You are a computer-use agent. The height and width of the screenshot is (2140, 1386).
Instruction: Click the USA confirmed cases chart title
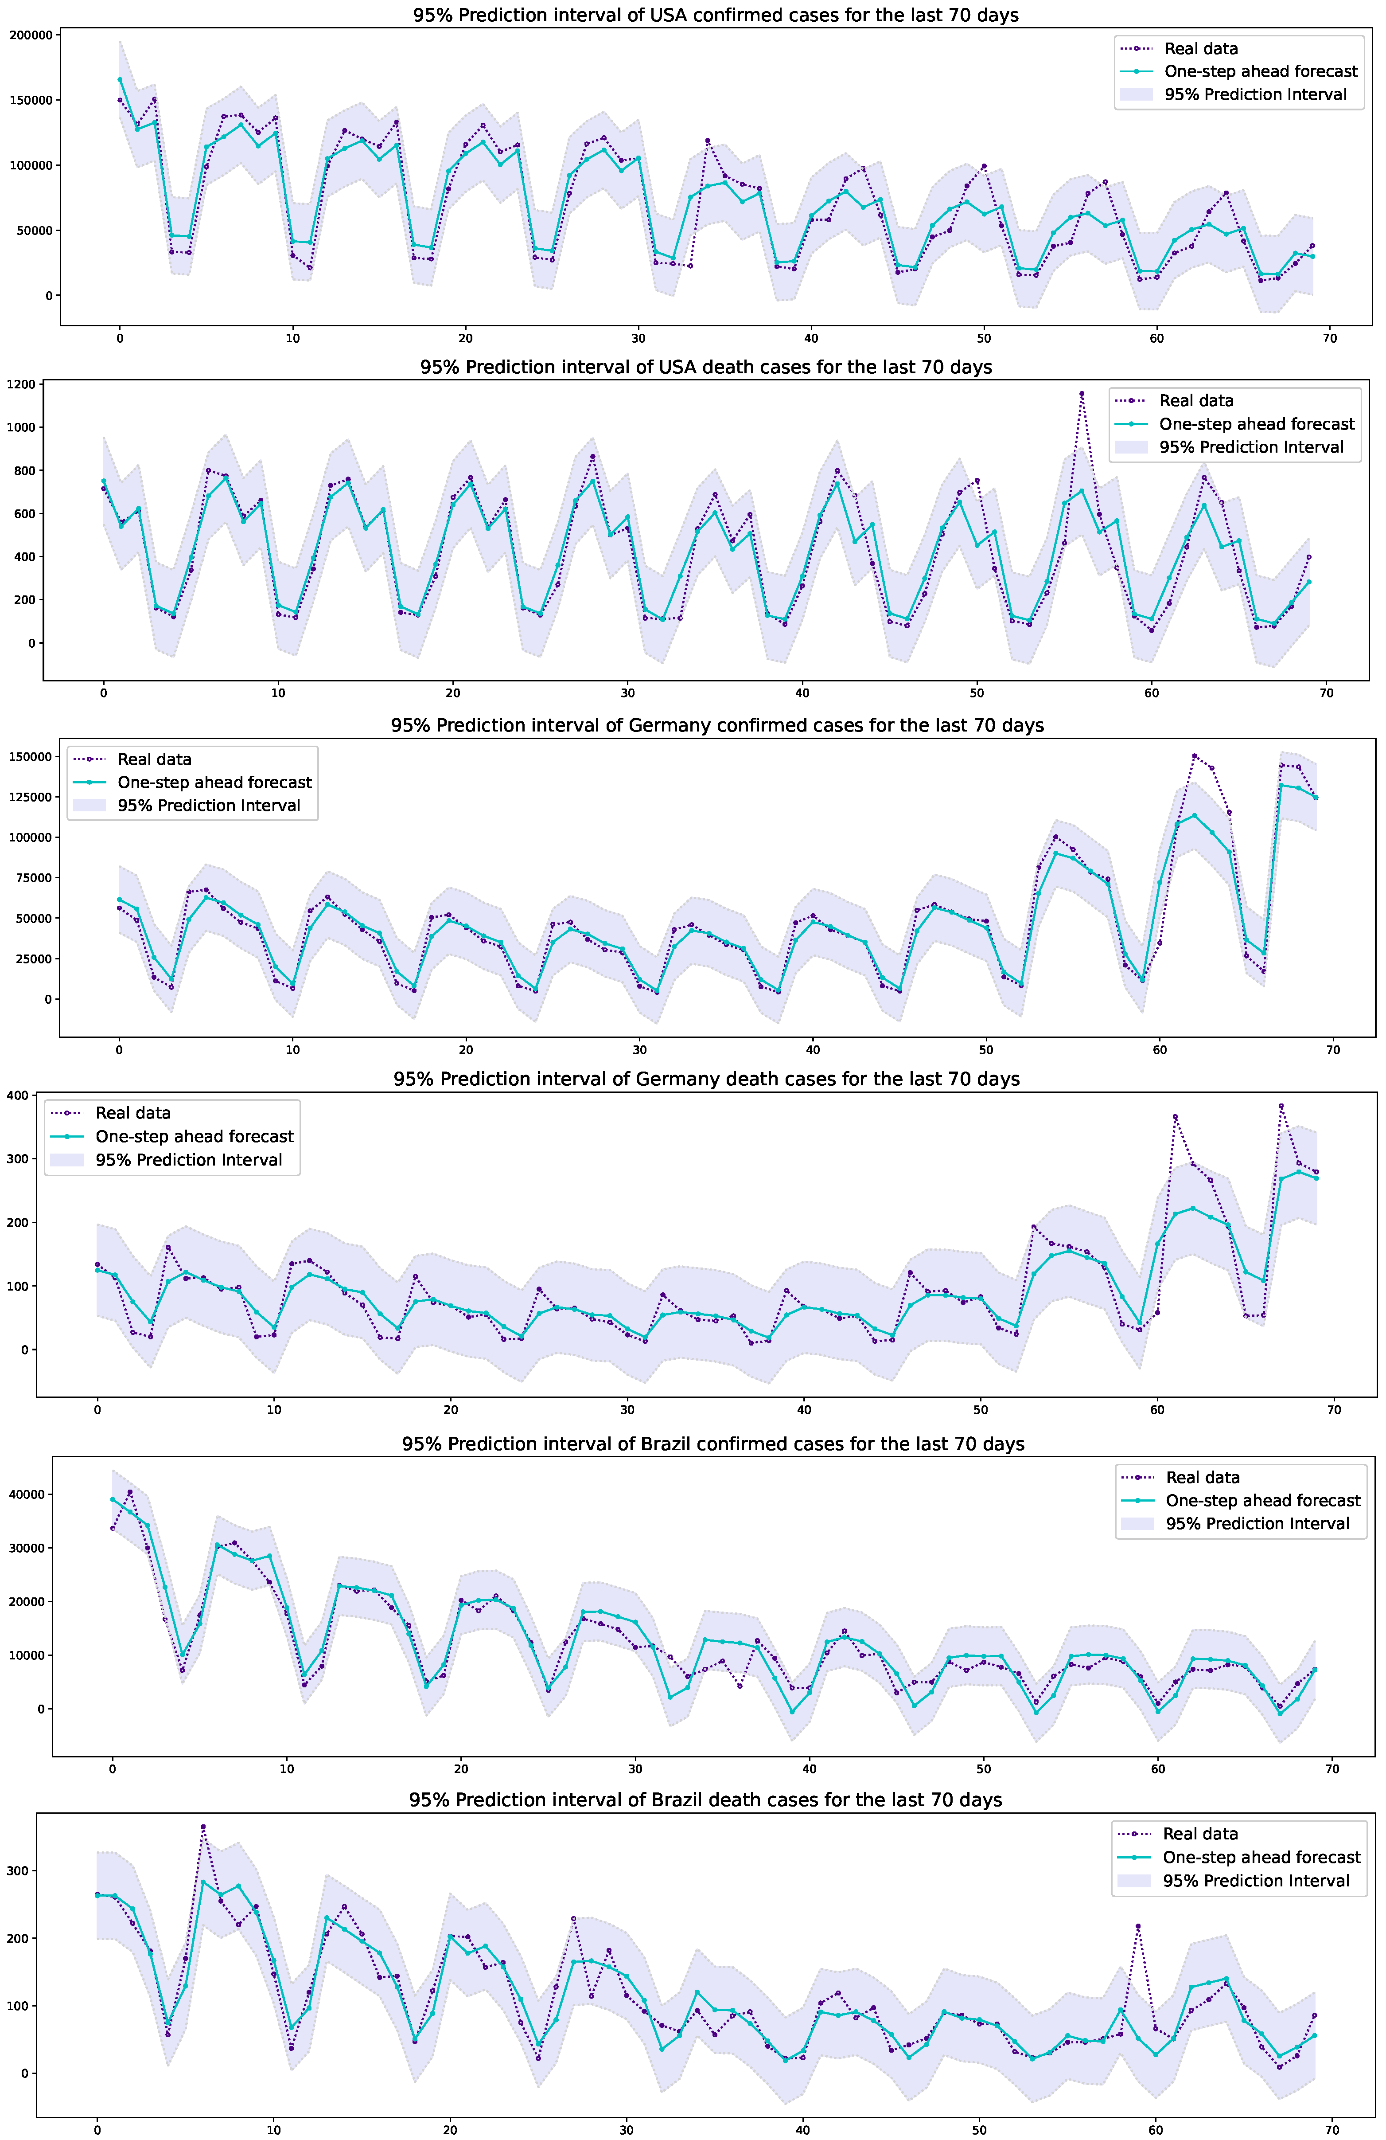716,15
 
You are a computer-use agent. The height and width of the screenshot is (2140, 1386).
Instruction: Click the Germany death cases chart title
706,1079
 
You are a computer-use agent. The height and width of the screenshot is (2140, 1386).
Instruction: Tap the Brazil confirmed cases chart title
713,1444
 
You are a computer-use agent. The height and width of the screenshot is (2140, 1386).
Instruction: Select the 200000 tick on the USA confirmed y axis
30,35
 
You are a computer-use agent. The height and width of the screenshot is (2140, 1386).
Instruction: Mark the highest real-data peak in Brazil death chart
203,1827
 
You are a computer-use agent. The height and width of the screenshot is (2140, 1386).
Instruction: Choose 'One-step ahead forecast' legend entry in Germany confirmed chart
215,782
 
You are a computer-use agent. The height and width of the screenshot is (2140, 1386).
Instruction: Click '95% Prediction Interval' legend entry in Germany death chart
189,1160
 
